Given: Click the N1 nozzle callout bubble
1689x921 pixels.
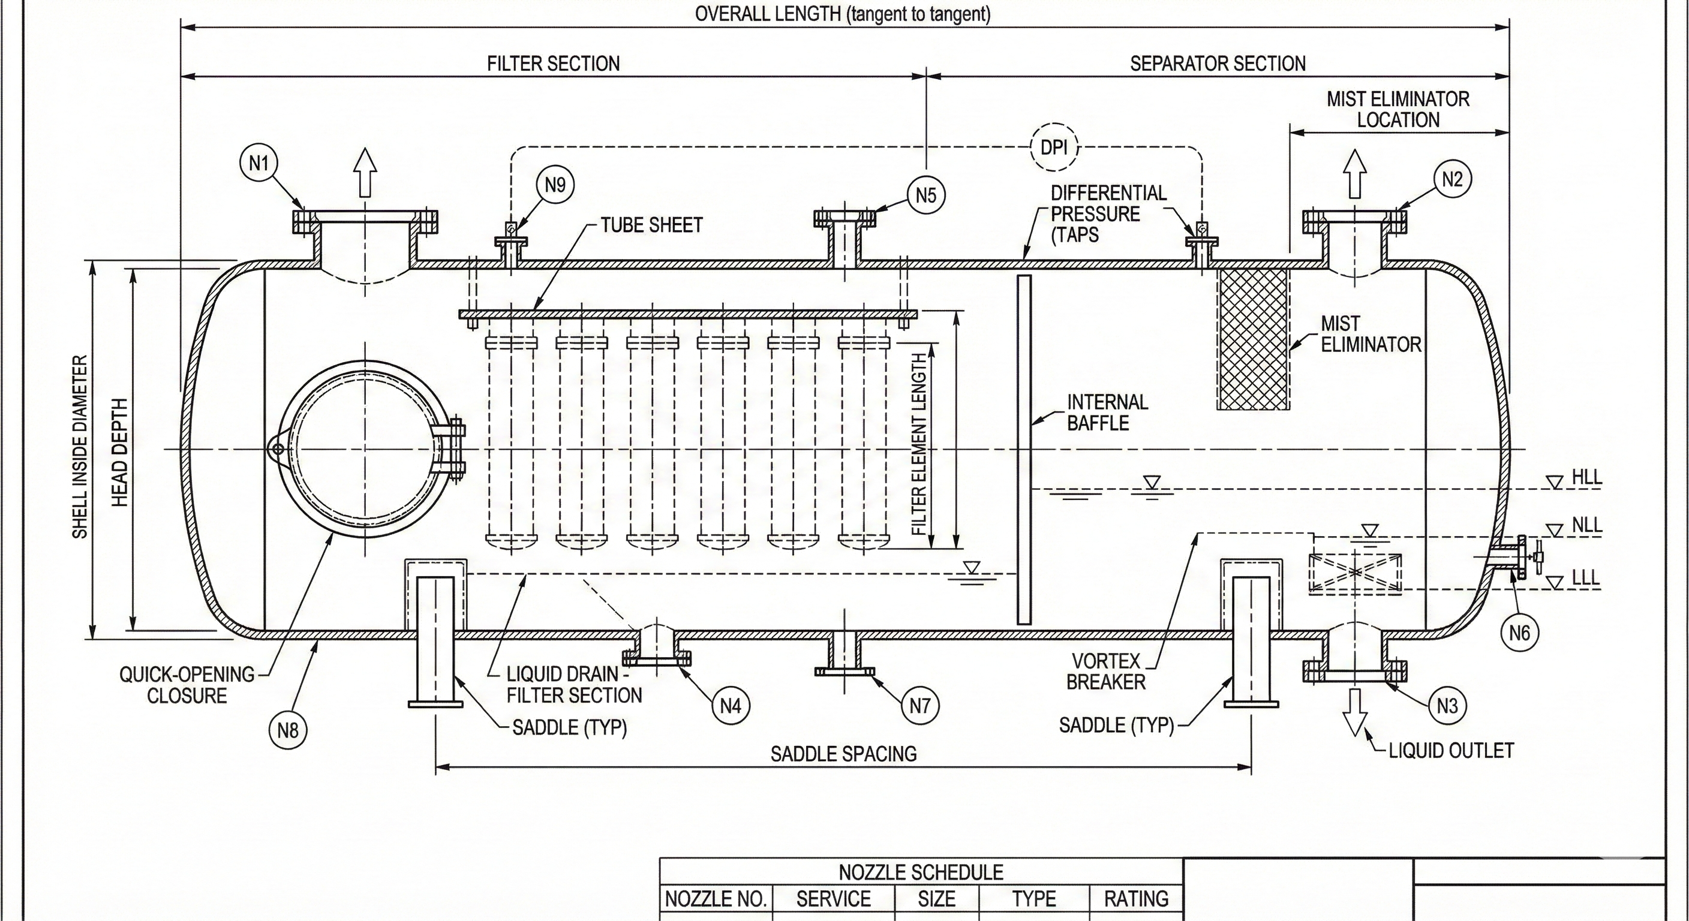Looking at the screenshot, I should tap(259, 163).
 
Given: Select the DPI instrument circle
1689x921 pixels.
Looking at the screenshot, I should tap(1054, 147).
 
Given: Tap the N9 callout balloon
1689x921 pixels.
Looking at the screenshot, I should tap(555, 185).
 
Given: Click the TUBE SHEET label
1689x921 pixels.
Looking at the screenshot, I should tap(651, 225).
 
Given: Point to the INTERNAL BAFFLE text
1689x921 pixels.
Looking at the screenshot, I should tap(1107, 413).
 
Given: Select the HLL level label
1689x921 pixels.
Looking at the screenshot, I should tap(1586, 477).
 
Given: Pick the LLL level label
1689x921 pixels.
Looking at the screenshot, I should tap(1585, 578).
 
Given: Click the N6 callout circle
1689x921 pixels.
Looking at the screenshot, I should tap(1519, 633).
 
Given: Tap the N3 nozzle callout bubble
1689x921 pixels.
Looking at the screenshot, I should tap(1447, 706).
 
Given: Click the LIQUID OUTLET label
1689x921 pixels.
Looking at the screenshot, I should tap(1451, 750).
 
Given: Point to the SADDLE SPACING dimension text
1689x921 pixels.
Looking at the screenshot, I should tap(843, 754).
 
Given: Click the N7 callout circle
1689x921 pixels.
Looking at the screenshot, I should tap(920, 706).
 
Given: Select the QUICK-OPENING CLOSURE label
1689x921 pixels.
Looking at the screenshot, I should tap(187, 685).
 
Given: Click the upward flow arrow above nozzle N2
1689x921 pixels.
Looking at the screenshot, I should tap(1354, 173).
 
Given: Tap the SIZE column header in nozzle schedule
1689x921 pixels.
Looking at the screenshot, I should tap(936, 899).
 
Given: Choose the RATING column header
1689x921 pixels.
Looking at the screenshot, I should tap(1135, 899).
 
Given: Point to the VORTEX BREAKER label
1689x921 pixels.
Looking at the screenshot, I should tap(1105, 670).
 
